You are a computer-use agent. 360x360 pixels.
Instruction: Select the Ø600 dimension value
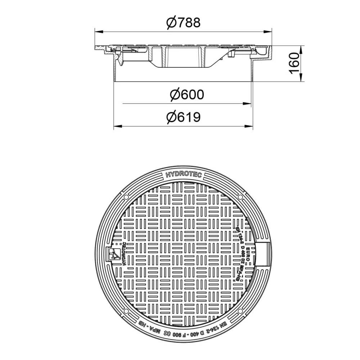[186, 95]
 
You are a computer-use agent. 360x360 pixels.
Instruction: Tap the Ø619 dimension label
[183, 117]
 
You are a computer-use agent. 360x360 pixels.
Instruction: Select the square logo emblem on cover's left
[114, 255]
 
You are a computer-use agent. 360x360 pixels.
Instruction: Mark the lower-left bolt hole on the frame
[127, 312]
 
